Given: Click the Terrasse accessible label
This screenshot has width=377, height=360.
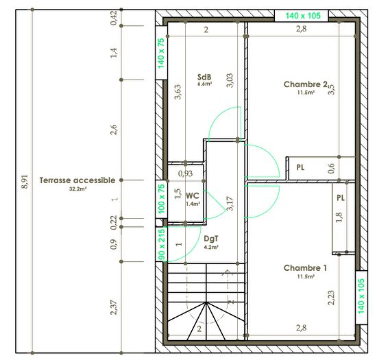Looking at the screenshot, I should [x=77, y=180].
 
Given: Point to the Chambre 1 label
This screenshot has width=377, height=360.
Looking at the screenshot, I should [x=306, y=268].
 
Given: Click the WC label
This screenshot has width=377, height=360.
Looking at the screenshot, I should [x=193, y=195].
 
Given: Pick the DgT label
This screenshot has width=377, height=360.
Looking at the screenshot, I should [x=211, y=239].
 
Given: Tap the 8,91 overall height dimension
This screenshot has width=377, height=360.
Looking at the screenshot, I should [x=25, y=181].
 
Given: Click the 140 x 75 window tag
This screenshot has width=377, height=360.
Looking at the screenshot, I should [x=162, y=53].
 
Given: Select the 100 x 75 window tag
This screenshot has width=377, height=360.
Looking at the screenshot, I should [x=162, y=200].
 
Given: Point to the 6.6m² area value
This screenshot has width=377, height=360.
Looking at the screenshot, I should [x=204, y=85].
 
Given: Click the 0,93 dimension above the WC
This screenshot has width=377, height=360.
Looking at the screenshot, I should [x=185, y=174].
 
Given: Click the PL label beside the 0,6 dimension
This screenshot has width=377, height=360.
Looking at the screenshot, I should [x=301, y=167].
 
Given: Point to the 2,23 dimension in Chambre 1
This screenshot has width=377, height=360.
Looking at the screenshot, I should [x=331, y=296].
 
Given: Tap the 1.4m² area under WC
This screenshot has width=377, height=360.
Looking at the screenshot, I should [x=193, y=204].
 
